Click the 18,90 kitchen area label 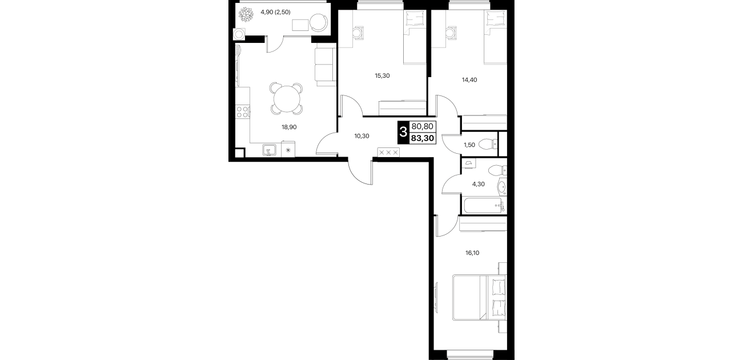click(x=289, y=127)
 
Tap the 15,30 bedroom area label click(x=382, y=75)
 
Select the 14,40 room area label click(x=469, y=79)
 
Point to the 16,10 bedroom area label click(x=472, y=253)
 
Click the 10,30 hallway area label click(x=362, y=136)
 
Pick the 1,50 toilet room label click(x=469, y=145)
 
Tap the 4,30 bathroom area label click(x=479, y=184)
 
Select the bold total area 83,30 click(x=423, y=138)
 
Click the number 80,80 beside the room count click(x=423, y=126)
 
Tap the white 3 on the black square click(x=403, y=132)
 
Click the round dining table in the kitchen click(x=287, y=99)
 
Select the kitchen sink click(x=270, y=150)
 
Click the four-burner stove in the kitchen click(x=243, y=112)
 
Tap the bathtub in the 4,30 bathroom click(x=484, y=206)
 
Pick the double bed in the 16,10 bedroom click(x=480, y=298)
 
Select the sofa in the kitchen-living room click(x=326, y=67)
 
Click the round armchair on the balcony click(x=320, y=22)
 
